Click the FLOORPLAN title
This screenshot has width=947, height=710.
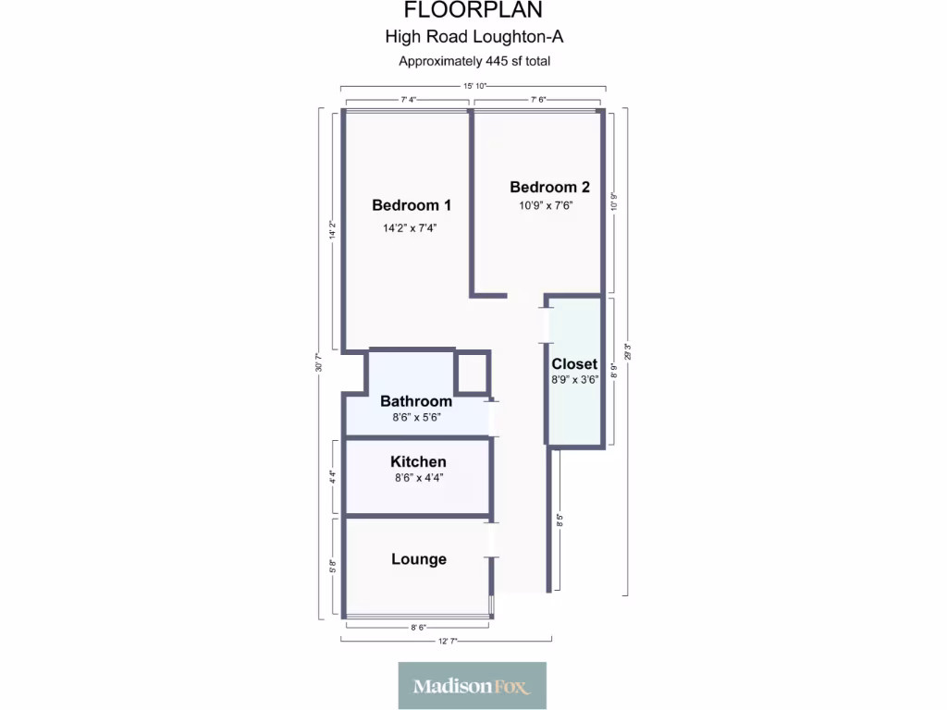[473, 11]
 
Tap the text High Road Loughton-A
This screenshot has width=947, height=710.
[473, 38]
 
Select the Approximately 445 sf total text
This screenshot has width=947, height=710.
[473, 62]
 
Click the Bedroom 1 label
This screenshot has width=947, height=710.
[412, 205]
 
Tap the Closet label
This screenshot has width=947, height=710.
[574, 364]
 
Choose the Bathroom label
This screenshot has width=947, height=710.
[416, 401]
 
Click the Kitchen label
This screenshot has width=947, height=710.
[418, 461]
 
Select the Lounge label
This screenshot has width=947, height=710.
[419, 559]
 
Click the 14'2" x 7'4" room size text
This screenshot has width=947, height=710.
[409, 227]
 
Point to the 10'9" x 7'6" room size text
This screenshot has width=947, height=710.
[546, 206]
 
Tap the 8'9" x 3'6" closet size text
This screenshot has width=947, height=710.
[575, 380]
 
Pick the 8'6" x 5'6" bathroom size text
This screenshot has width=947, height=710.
[415, 417]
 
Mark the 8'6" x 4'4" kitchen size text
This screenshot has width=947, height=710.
[418, 478]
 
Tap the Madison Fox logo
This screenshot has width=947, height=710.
[472, 685]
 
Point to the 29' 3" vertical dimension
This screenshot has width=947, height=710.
[627, 352]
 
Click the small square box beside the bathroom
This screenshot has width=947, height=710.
[472, 373]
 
